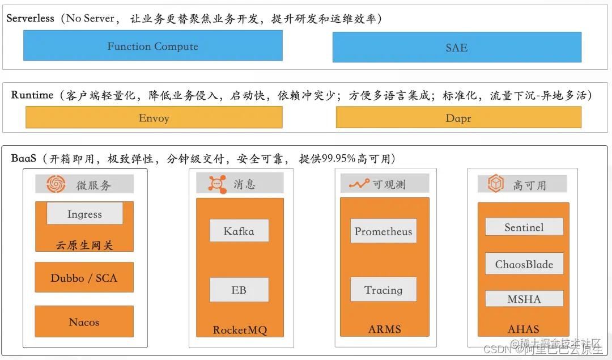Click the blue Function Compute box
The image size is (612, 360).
(x=153, y=46)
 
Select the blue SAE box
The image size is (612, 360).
(x=457, y=48)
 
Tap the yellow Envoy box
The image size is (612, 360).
(x=154, y=118)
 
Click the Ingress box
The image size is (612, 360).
(x=84, y=214)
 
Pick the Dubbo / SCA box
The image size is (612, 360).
(x=84, y=277)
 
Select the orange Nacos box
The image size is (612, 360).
(x=84, y=321)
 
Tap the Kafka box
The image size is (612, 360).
(x=239, y=231)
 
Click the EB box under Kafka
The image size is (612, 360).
(x=239, y=290)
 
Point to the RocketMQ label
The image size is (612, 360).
(x=239, y=330)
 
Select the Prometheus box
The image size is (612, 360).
(x=383, y=231)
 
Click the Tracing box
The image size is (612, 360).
(x=383, y=290)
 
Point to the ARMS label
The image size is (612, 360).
(x=384, y=329)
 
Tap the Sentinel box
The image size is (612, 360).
(x=524, y=227)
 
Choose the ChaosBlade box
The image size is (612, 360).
(x=524, y=264)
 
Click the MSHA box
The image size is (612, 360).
(x=524, y=299)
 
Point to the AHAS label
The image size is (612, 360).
(x=523, y=328)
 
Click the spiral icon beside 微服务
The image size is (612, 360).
(x=56, y=184)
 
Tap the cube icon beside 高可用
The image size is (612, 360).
(x=496, y=184)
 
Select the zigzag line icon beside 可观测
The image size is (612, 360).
(x=359, y=184)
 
